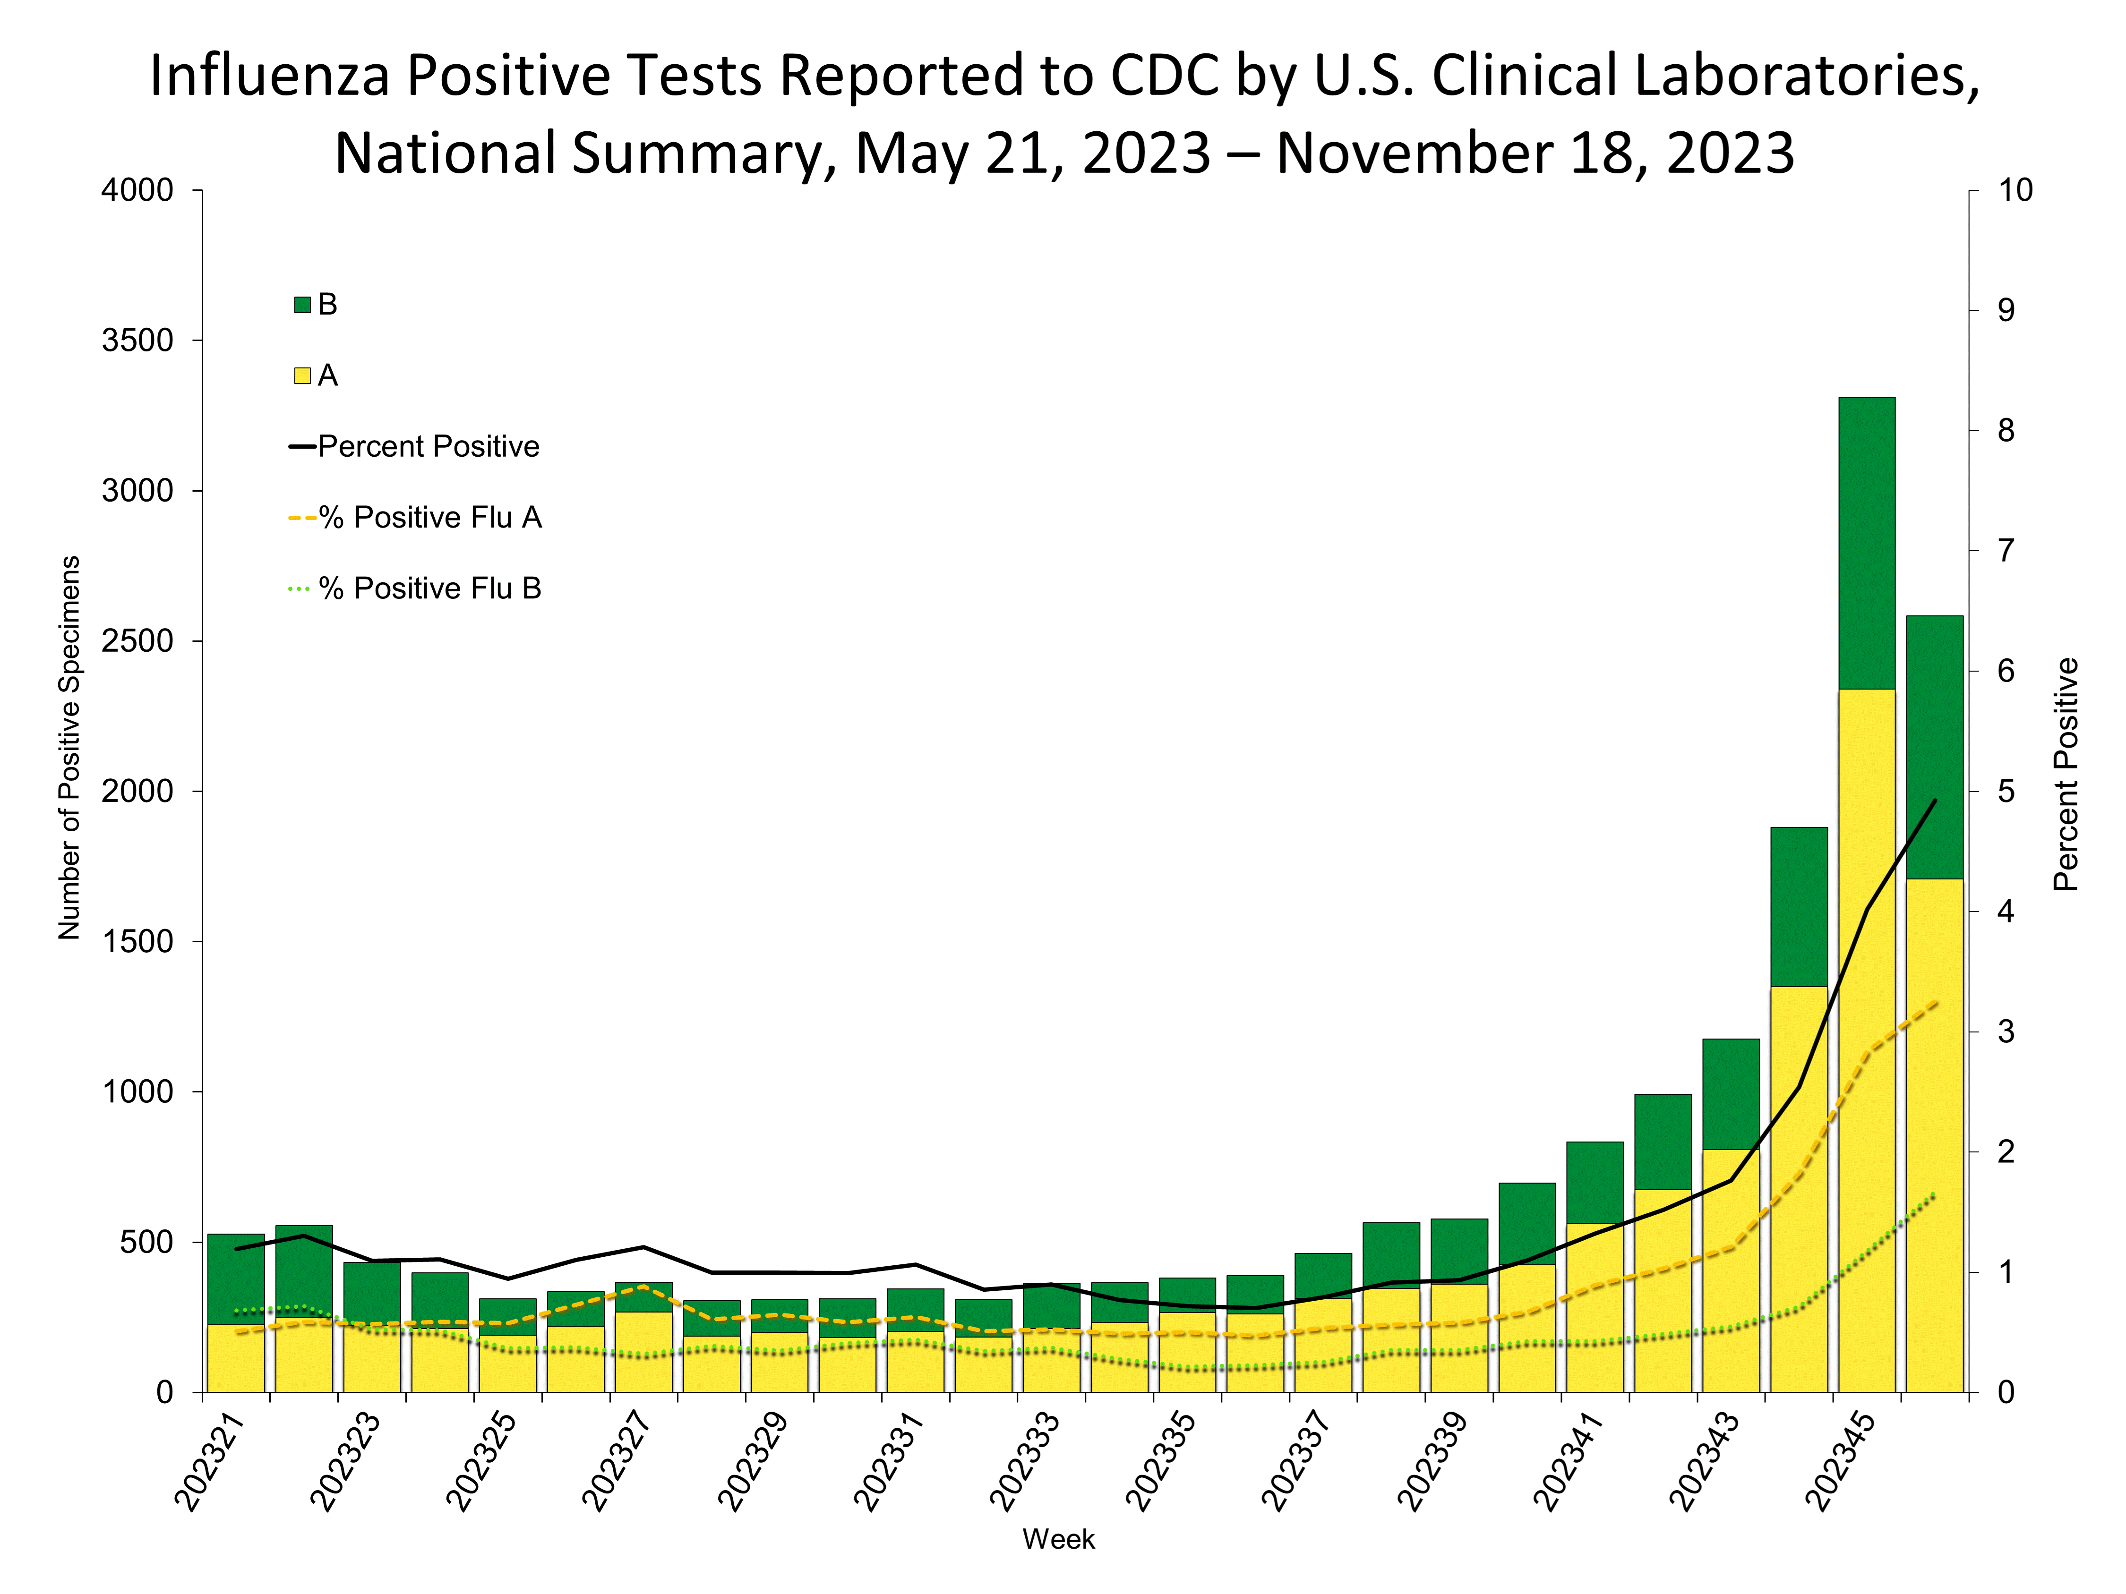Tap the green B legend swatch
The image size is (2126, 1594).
[302, 305]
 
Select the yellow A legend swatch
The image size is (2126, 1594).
[302, 375]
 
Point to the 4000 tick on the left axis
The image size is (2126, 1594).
[137, 190]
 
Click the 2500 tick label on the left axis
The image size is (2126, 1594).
[137, 641]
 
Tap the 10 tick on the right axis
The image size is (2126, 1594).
[2015, 190]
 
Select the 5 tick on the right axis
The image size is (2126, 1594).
[2006, 792]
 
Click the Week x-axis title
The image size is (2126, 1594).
[1058, 1539]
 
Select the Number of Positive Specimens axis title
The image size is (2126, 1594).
[69, 748]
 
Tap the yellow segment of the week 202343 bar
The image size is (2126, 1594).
[1730, 1268]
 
